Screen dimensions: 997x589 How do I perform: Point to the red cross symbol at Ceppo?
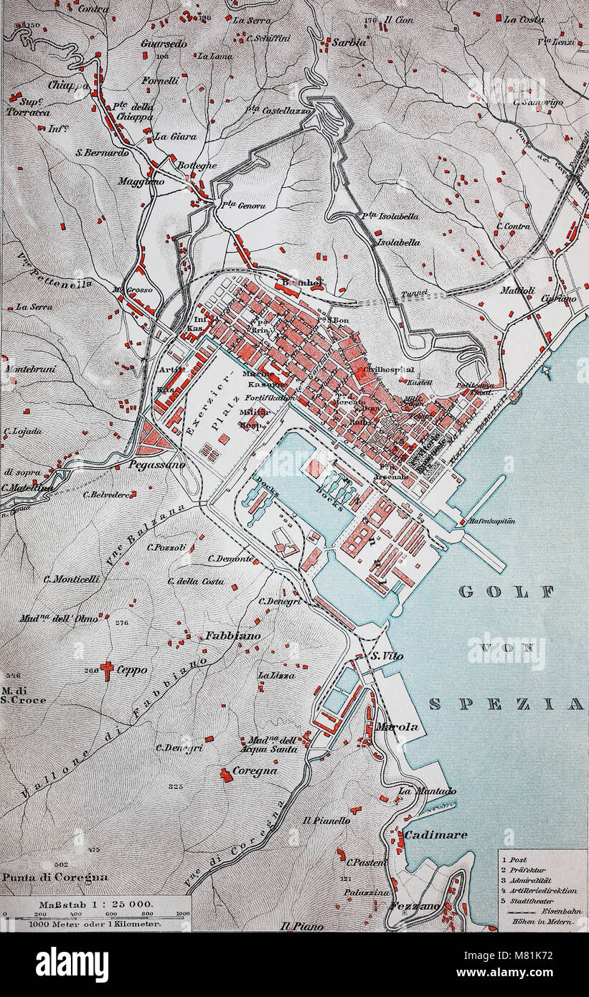click(107, 670)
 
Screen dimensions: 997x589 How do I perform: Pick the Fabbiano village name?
click(228, 635)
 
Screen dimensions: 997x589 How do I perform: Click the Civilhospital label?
click(388, 370)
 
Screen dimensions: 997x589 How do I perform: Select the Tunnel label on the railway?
click(415, 293)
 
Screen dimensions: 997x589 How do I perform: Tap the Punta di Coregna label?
click(55, 876)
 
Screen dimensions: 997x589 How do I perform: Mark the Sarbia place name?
click(349, 42)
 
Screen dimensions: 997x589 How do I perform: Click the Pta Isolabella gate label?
click(390, 215)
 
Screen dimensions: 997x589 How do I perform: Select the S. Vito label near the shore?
click(386, 656)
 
